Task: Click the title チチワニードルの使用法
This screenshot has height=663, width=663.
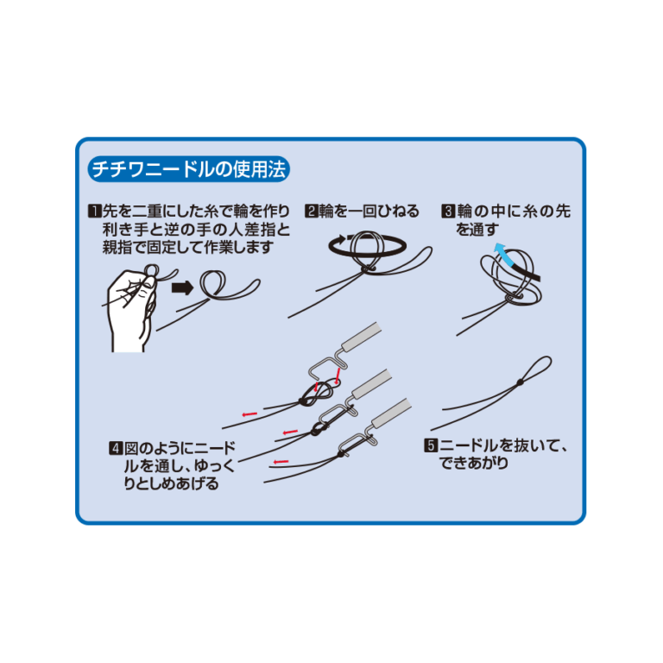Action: (188, 169)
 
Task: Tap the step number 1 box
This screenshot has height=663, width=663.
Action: (94, 211)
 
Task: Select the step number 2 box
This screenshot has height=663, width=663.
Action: (311, 211)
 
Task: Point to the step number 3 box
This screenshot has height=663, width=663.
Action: (448, 211)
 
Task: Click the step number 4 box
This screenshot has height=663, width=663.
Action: (116, 448)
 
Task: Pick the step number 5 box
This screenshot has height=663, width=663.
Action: (431, 445)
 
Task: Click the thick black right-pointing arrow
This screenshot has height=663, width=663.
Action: (183, 288)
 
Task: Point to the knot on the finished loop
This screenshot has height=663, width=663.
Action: (520, 382)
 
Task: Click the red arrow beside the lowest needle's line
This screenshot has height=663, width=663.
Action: (281, 462)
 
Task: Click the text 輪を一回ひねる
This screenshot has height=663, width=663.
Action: (369, 211)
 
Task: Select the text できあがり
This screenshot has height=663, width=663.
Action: (474, 464)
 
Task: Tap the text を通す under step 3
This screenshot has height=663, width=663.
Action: (477, 230)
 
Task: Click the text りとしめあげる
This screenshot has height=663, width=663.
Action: (171, 483)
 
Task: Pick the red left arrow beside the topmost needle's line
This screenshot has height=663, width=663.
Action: (249, 414)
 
